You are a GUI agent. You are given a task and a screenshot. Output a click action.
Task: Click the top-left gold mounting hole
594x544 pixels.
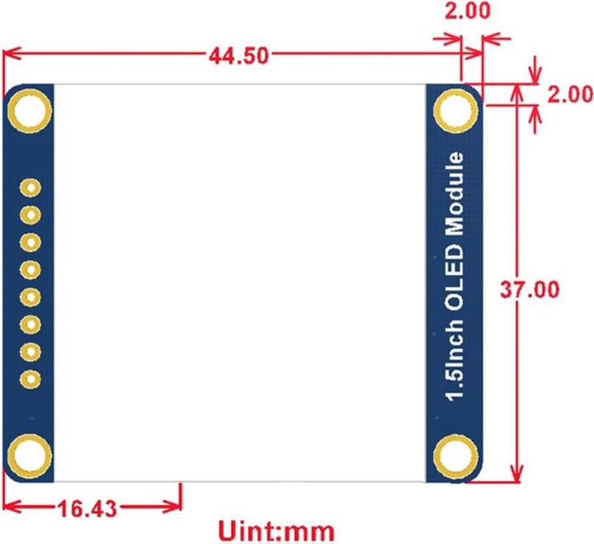(31, 110)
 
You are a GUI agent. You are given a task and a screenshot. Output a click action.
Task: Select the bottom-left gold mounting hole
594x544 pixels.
(31, 454)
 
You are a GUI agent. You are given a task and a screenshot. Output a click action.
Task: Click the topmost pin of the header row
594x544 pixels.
(31, 189)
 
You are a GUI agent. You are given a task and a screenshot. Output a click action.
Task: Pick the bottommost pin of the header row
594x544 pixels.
(31, 379)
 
